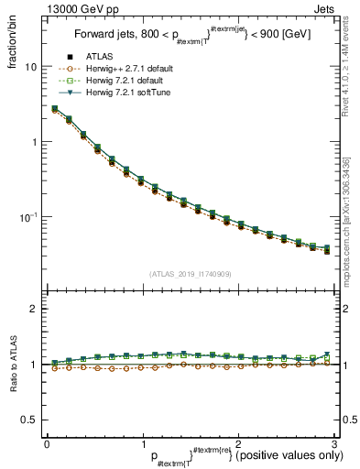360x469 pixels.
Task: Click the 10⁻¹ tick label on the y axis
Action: coord(27,217)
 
